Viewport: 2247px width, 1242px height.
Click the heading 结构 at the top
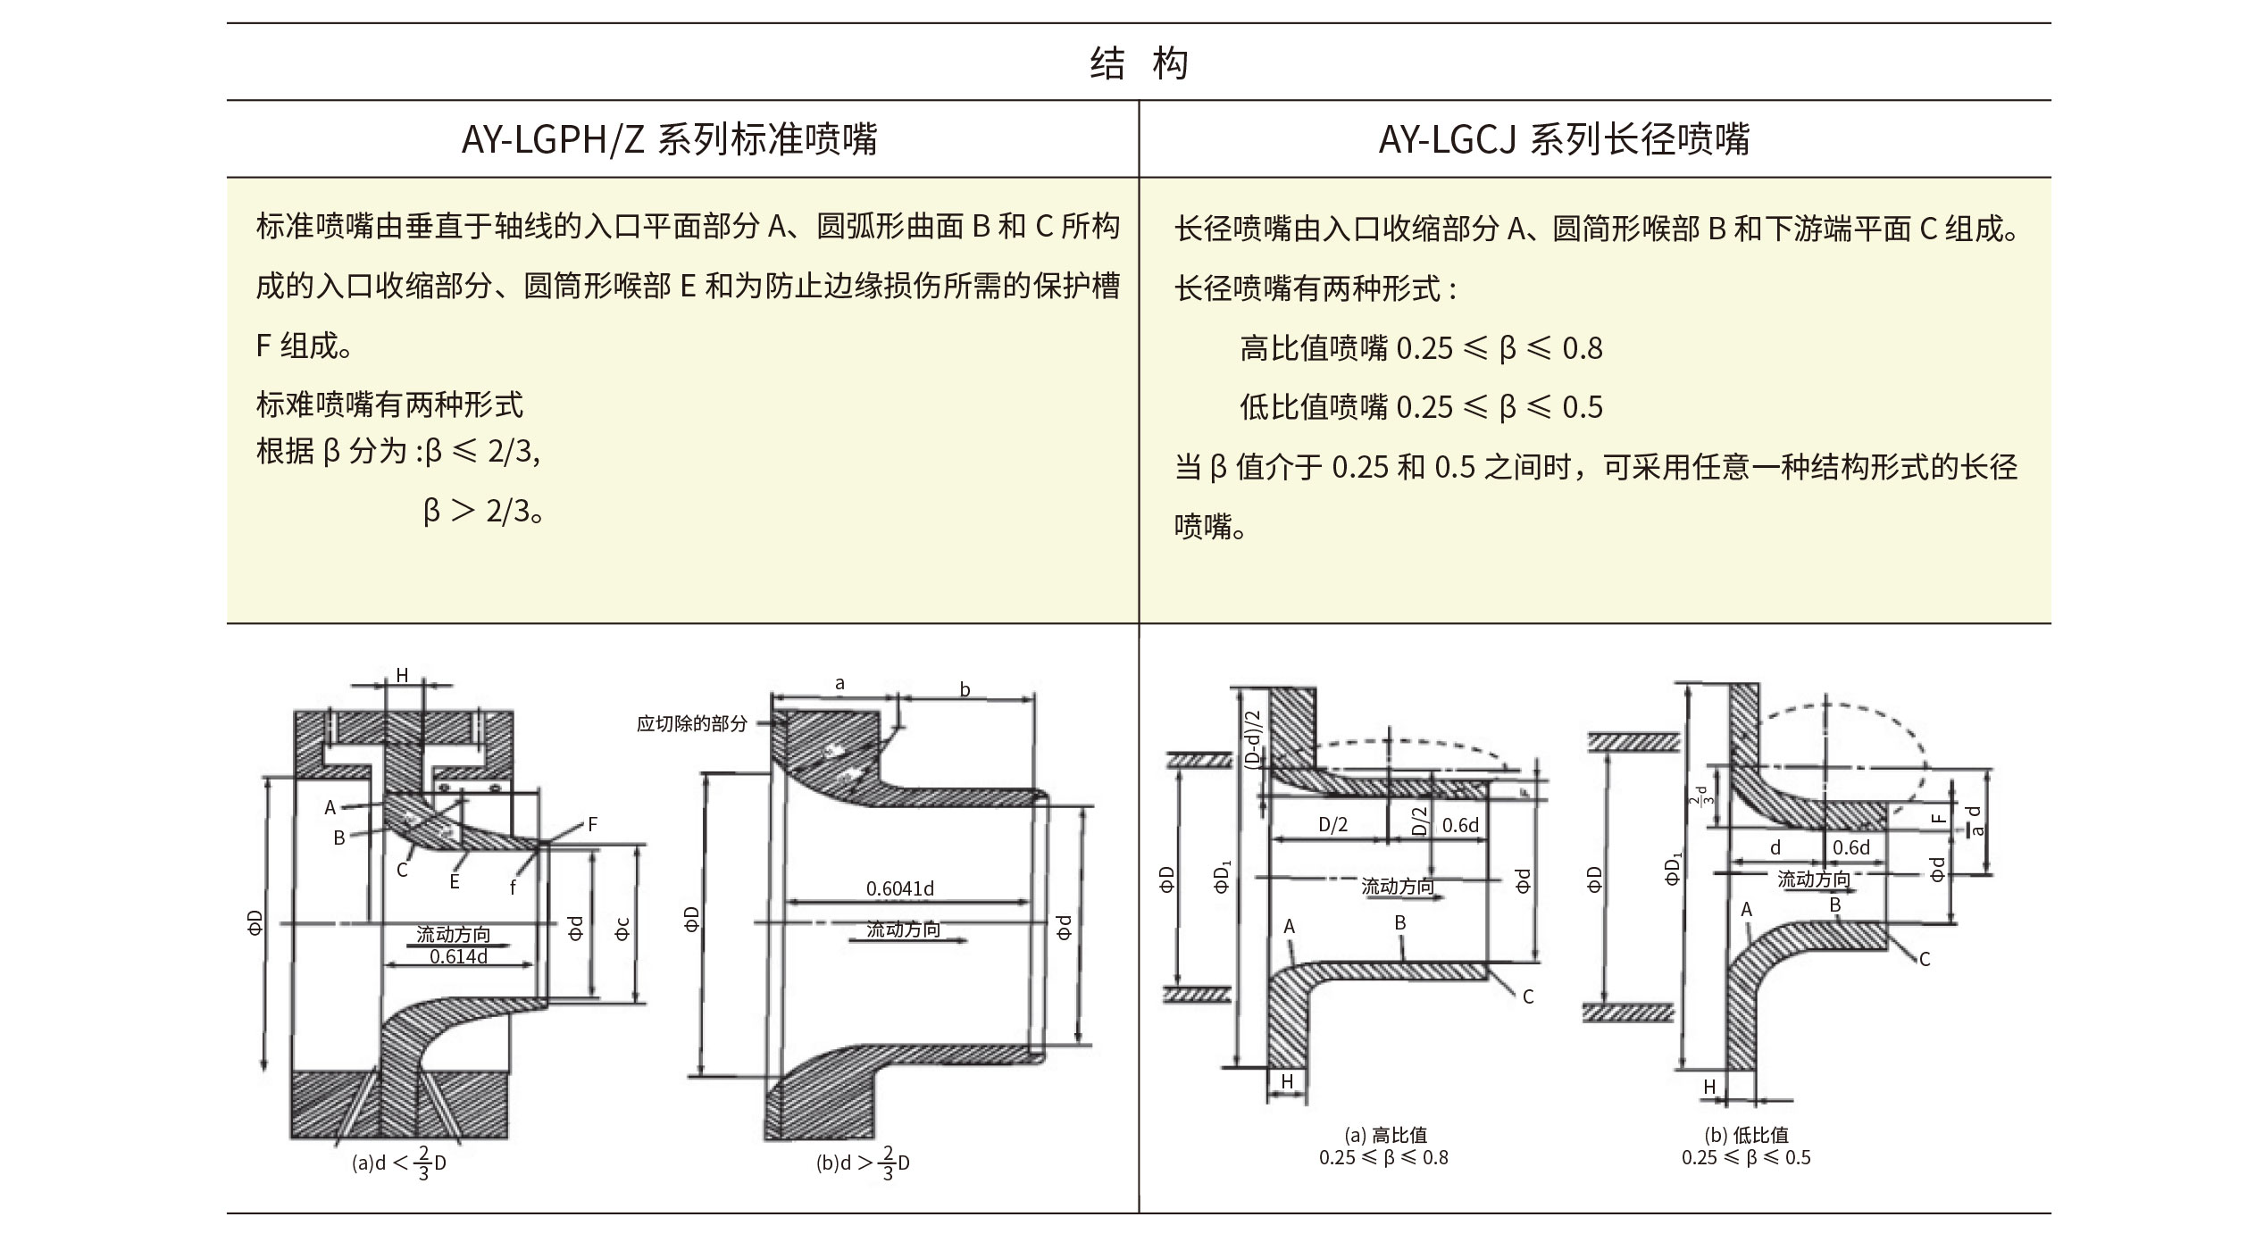pyautogui.click(x=1139, y=63)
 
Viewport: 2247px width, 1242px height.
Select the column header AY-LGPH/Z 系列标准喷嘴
pyautogui.click(x=670, y=139)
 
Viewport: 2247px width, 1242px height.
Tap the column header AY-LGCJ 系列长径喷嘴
pyautogui.click(x=1564, y=139)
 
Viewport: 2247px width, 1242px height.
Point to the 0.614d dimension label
pyautogui.click(x=458, y=957)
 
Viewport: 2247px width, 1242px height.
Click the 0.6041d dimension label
pyautogui.click(x=900, y=888)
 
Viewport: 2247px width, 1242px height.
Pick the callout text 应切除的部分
pyautogui.click(x=691, y=723)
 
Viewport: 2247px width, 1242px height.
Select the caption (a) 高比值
pyautogui.click(x=1385, y=1135)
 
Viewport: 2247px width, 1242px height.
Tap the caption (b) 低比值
pyautogui.click(x=1746, y=1135)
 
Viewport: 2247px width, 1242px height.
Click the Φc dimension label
pyautogui.click(x=622, y=929)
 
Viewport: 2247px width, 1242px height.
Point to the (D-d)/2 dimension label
pyautogui.click(x=1252, y=738)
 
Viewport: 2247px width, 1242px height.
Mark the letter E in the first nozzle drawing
pyautogui.click(x=455, y=882)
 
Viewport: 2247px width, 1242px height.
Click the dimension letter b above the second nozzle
pyautogui.click(x=965, y=689)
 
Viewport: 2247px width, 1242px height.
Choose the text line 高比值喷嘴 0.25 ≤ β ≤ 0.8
pyautogui.click(x=1421, y=348)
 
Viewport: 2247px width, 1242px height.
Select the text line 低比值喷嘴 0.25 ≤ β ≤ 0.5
pyautogui.click(x=1421, y=407)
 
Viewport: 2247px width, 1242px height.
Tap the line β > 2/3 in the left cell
pyautogui.click(x=484, y=511)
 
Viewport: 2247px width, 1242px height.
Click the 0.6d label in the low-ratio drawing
pyautogui.click(x=1850, y=846)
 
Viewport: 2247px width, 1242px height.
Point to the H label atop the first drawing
pyautogui.click(x=402, y=676)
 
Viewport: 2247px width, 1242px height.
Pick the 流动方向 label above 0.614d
pyautogui.click(x=453, y=935)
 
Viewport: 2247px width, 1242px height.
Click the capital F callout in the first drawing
pyautogui.click(x=592, y=824)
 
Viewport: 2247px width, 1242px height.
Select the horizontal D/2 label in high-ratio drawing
pyautogui.click(x=1333, y=825)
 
